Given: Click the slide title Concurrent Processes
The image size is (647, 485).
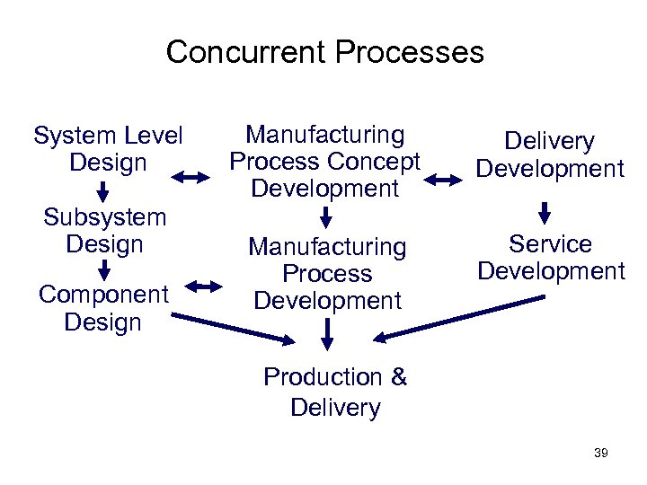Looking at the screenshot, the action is pyautogui.click(x=324, y=51).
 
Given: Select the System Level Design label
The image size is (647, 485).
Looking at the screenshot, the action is pyautogui.click(x=107, y=149).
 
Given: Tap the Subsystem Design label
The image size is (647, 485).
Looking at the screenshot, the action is pyautogui.click(x=105, y=230).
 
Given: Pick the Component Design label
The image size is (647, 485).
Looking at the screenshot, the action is pyautogui.click(x=103, y=308).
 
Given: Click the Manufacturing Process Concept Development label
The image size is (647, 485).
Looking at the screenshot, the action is pyautogui.click(x=324, y=162).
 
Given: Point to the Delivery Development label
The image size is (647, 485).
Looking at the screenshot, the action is pyautogui.click(x=549, y=154).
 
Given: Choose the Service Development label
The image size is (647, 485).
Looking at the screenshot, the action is pyautogui.click(x=550, y=258).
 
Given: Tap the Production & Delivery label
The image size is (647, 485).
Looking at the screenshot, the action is pyautogui.click(x=335, y=392).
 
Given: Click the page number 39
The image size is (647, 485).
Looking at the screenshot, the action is pyautogui.click(x=601, y=454).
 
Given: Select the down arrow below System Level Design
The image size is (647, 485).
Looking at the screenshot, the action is pyautogui.click(x=103, y=191).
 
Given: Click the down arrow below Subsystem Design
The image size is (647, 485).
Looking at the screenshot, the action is pyautogui.click(x=104, y=269).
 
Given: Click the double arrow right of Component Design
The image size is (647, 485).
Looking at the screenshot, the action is pyautogui.click(x=203, y=287).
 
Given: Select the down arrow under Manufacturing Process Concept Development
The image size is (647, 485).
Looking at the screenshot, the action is pyautogui.click(x=326, y=216).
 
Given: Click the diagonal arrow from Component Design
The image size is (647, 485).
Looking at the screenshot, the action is pyautogui.click(x=234, y=327).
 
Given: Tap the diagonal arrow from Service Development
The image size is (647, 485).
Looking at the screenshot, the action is pyautogui.click(x=458, y=319).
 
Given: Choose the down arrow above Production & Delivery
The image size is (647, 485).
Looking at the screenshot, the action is pyautogui.click(x=328, y=333).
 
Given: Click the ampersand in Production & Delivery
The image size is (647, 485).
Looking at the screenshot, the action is pyautogui.click(x=399, y=378).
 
